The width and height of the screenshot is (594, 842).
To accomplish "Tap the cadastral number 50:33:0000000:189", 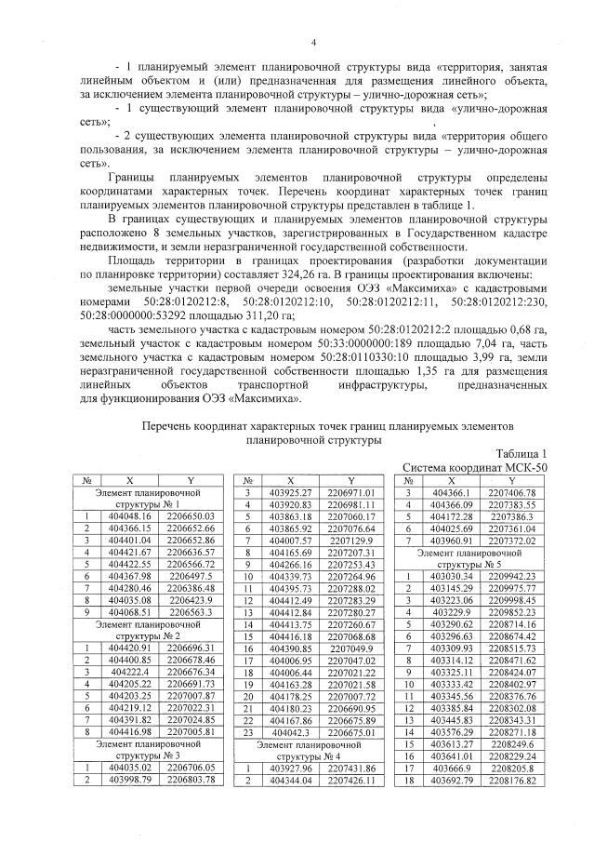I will (x=352, y=343).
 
